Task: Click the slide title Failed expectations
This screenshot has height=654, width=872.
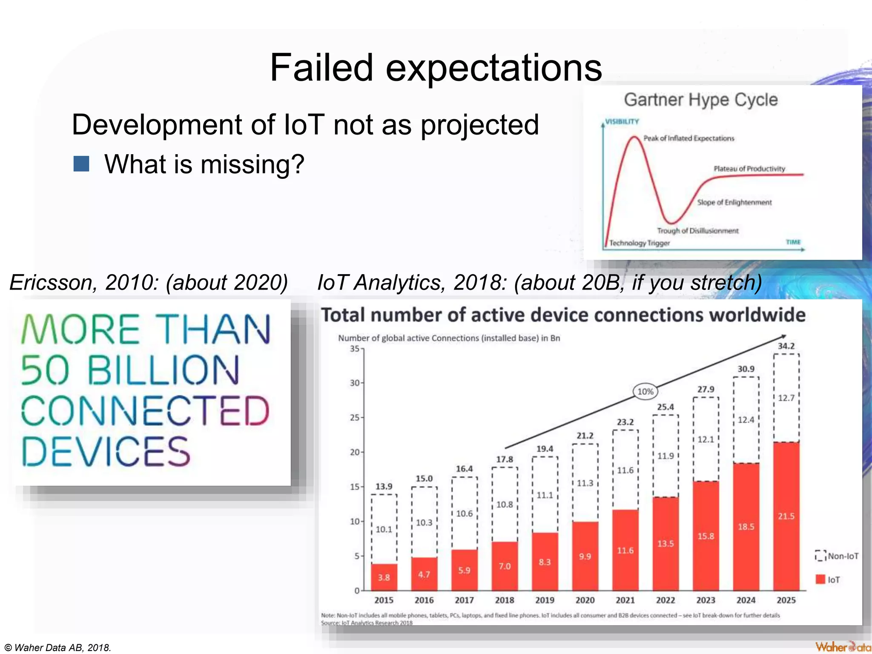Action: pos(436,68)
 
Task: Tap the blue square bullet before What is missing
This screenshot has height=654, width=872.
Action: pos(81,163)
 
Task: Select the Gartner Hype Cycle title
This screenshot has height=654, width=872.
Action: pos(701,100)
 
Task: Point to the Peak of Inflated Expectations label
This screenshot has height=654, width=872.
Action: pos(688,138)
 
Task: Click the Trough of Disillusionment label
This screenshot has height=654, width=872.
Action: pos(697,231)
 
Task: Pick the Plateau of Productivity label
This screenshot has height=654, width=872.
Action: pos(749,169)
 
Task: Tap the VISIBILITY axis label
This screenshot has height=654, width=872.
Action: pos(622,122)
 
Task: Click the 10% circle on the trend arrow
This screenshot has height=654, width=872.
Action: pos(645,391)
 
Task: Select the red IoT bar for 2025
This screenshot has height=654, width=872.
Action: pos(786,516)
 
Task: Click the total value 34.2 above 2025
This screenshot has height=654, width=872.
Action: pos(786,346)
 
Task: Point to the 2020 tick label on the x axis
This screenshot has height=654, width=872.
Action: pos(585,600)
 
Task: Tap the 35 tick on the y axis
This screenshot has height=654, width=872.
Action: pos(355,349)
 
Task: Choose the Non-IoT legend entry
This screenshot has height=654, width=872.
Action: pos(837,556)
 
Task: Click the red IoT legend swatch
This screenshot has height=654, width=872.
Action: pos(820,579)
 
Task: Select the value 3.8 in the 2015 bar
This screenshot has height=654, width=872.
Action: pos(384,577)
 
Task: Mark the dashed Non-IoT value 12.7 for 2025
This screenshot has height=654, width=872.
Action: pos(786,398)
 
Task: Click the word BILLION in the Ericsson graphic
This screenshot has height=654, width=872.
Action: pos(163,370)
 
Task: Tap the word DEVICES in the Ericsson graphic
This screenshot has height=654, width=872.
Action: pos(106,451)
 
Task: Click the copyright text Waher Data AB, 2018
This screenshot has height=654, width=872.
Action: pos(58,648)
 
